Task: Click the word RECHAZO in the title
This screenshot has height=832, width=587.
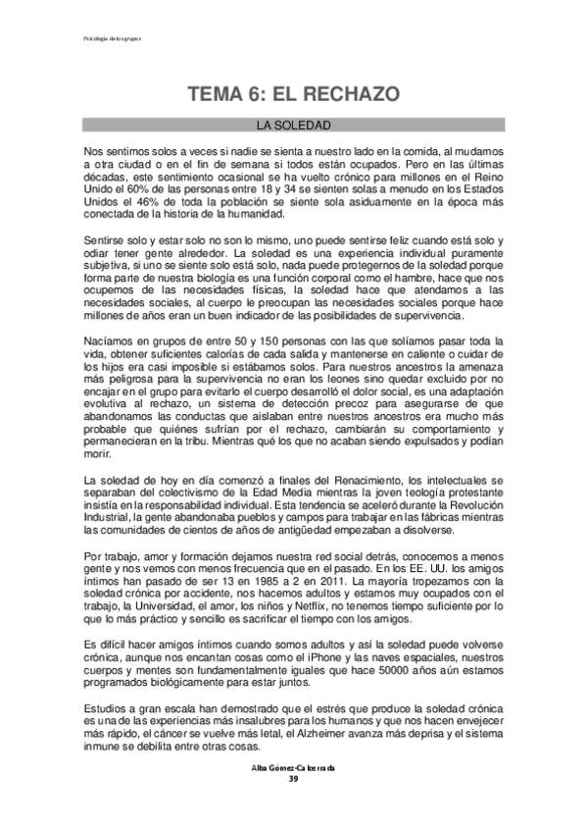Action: pos(346,95)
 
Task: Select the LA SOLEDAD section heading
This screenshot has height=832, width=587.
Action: pos(293,126)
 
